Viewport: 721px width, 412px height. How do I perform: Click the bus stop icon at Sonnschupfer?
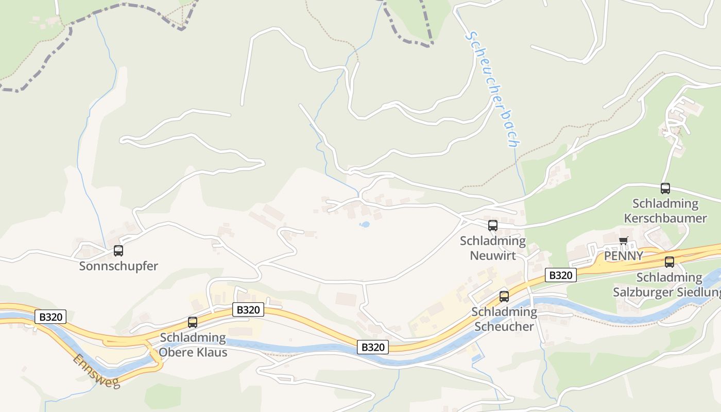point(118,251)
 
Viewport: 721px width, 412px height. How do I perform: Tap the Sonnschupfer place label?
point(118,266)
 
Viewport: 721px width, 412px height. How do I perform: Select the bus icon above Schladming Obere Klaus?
point(193,322)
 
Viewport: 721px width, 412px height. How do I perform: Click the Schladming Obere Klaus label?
point(193,345)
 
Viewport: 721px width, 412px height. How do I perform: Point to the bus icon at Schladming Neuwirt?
point(493,225)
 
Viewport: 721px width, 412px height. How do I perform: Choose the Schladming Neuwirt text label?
point(493,248)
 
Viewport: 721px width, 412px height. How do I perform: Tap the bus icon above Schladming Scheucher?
point(504,297)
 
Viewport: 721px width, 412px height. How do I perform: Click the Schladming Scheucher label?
point(504,319)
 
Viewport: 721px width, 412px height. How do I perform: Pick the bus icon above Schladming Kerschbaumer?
point(665,188)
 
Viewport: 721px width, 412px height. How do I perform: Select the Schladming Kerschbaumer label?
point(665,211)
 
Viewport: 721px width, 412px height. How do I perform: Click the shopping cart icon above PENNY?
point(624,241)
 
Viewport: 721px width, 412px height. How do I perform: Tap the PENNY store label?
point(624,256)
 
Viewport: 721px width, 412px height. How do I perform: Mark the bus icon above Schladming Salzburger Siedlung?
point(669,262)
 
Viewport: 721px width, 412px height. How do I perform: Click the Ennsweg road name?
point(96,371)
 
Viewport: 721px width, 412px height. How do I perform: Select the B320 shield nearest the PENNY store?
point(560,275)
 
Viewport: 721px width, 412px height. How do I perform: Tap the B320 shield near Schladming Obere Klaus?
point(249,310)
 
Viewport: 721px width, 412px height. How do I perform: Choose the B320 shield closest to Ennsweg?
point(50,317)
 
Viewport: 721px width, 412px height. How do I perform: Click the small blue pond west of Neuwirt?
point(365,225)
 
